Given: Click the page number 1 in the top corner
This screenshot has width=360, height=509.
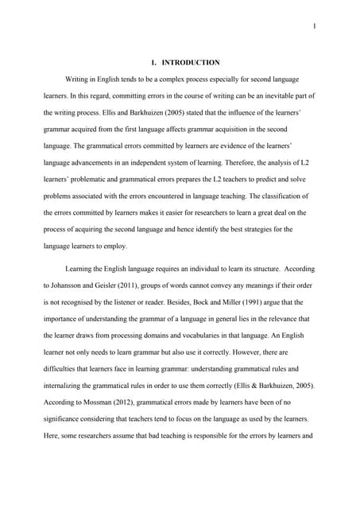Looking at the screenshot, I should point(315,27).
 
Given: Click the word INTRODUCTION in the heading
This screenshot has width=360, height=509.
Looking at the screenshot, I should point(191,62).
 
